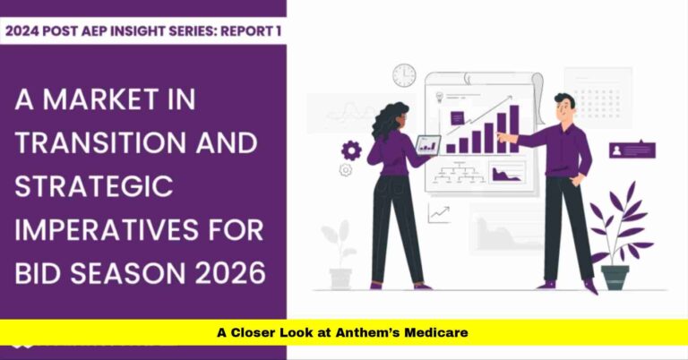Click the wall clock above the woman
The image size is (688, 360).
coord(404,74)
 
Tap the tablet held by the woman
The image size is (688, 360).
coord(429,144)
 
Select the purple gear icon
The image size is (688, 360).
coord(351,150)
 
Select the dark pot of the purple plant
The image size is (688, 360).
coord(615,277)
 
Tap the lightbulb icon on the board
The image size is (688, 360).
coord(440,96)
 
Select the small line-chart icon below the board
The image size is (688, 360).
coord(439,213)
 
